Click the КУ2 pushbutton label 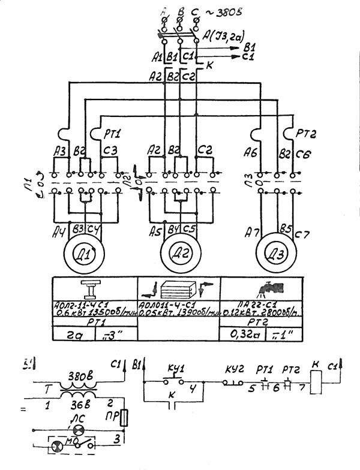pyautogui.click(x=235, y=367)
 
